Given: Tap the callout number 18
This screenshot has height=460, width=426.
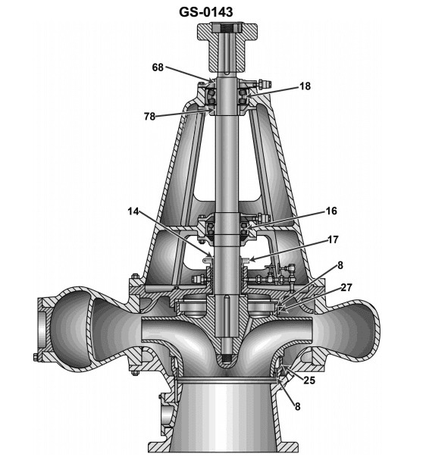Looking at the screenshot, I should click(x=304, y=87).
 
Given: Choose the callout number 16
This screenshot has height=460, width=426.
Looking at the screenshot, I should click(x=311, y=211).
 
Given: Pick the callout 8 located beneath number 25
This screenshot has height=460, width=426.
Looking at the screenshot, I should click(x=296, y=406).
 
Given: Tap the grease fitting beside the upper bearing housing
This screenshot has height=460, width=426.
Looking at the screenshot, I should click(x=265, y=83).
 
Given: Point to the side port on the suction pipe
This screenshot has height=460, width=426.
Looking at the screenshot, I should click(x=164, y=415).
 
